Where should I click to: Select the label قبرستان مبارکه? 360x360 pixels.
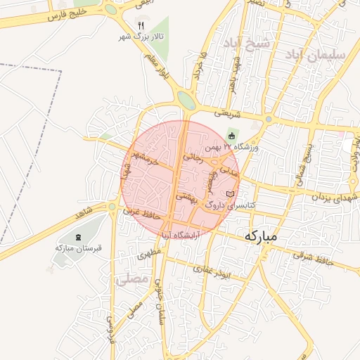(78, 248)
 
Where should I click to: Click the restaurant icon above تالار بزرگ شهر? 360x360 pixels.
(141, 25)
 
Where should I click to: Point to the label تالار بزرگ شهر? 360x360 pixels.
(140, 36)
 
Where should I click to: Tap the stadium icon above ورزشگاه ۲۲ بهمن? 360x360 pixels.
(233, 136)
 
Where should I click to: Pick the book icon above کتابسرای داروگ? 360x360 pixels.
(229, 193)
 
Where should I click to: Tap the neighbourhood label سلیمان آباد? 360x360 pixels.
(321, 53)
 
